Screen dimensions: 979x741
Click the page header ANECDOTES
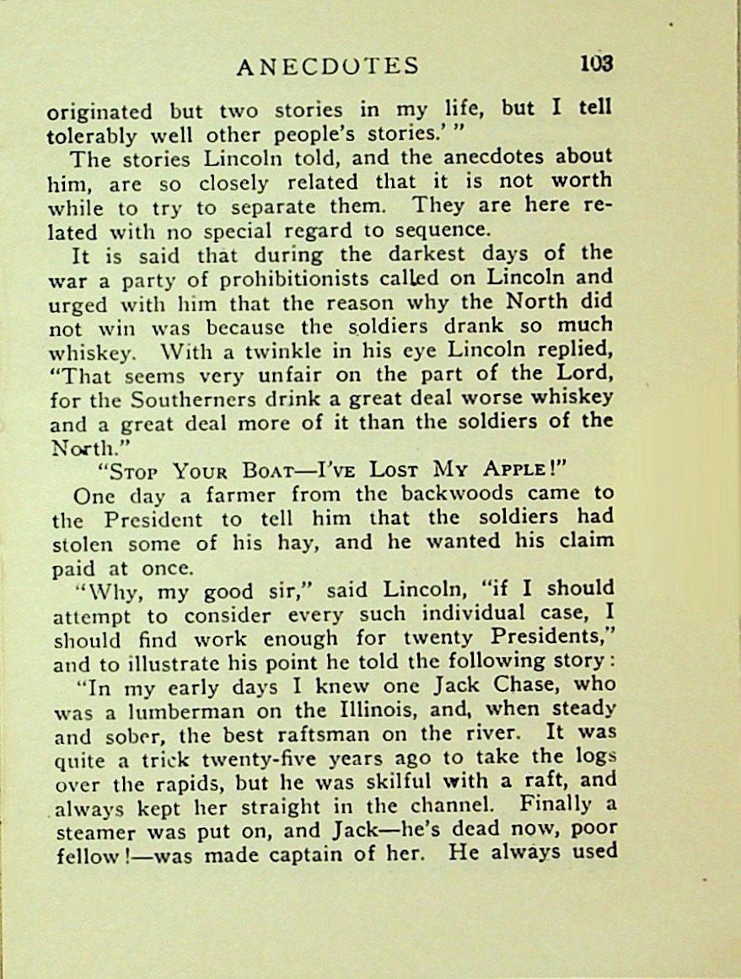pyautogui.click(x=328, y=66)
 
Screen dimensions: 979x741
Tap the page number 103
pyautogui.click(x=595, y=64)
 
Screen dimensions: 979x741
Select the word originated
pyautogui.click(x=99, y=112)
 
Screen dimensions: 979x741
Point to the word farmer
pyautogui.click(x=226, y=495)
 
